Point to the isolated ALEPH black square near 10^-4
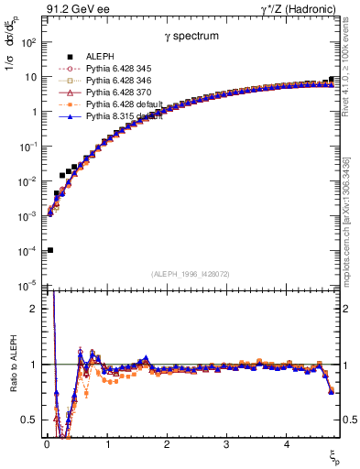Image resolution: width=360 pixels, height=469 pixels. (x=49, y=250)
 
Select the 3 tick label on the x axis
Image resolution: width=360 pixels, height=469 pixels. (x=226, y=445)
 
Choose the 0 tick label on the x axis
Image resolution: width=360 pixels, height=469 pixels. (x=47, y=445)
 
